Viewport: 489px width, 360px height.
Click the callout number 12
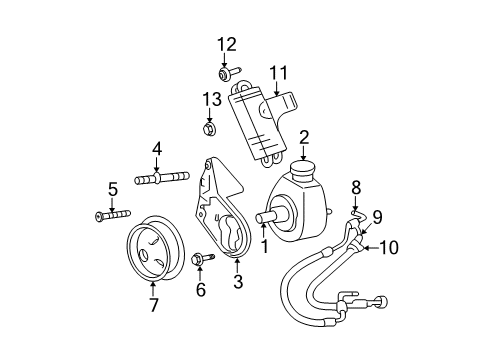pyautogui.click(x=228, y=43)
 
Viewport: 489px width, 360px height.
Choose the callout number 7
pyautogui.click(x=153, y=305)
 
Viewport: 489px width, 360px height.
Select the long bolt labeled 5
pyautogui.click(x=111, y=216)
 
